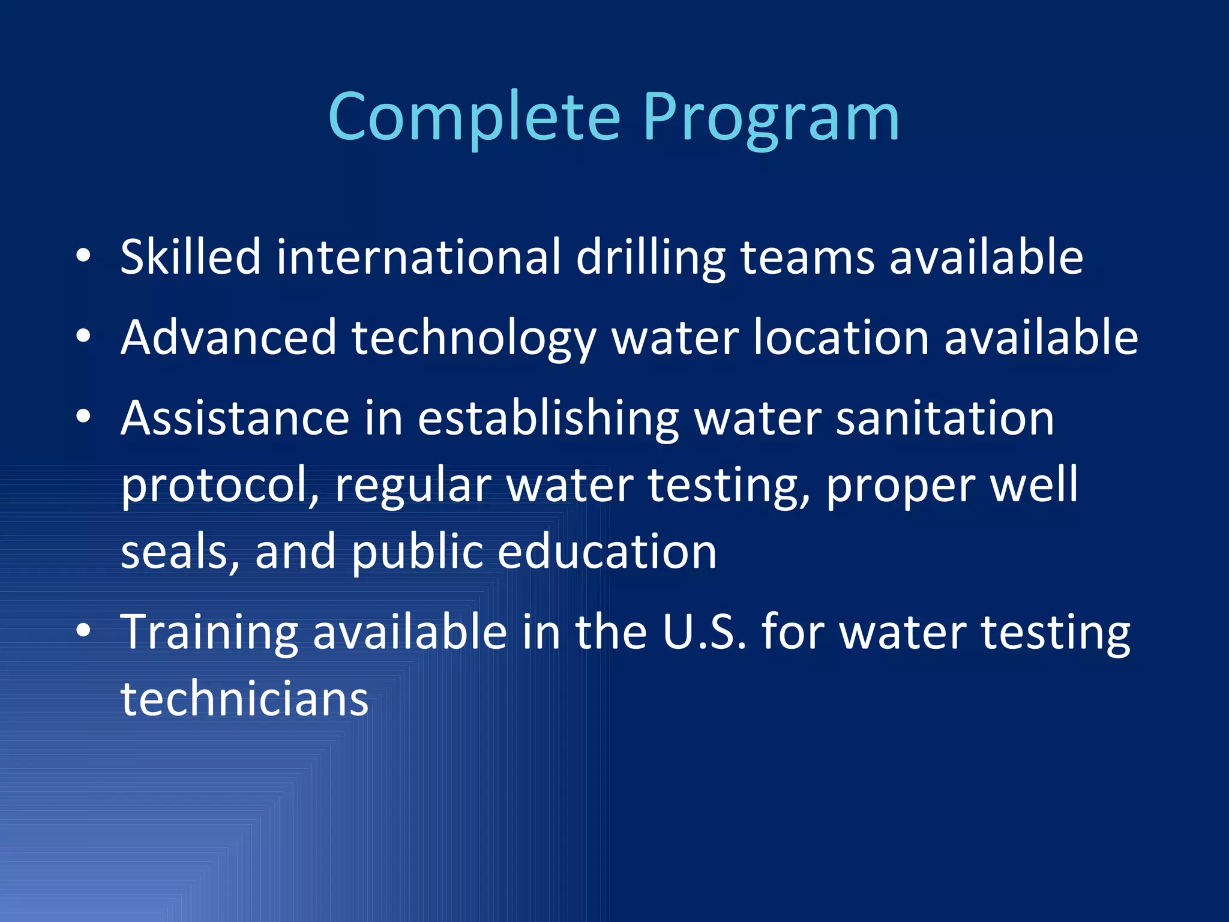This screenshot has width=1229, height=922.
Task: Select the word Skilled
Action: (x=190, y=257)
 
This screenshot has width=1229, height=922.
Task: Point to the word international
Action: (x=418, y=257)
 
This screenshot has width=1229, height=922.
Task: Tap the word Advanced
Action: (x=229, y=337)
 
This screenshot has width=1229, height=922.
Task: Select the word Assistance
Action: (x=235, y=418)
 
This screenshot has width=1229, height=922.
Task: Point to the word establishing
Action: (x=548, y=419)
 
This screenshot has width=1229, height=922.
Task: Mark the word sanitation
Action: (x=945, y=418)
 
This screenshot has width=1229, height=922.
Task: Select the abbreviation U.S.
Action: (x=705, y=631)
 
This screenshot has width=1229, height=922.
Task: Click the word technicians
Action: (x=244, y=699)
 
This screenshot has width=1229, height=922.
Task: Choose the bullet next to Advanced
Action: (x=83, y=337)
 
